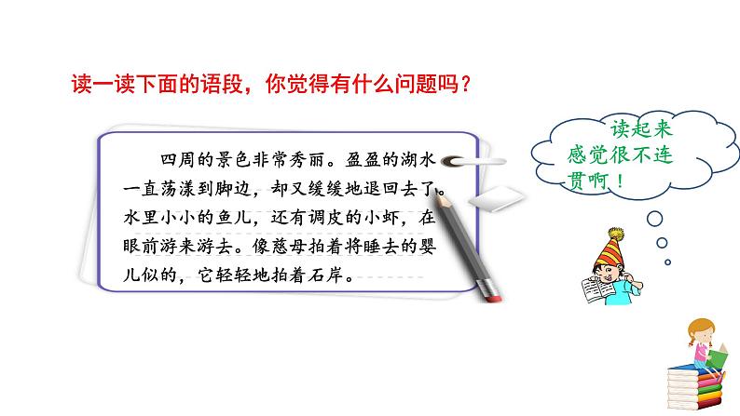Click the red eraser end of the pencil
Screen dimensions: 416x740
tap(492, 292)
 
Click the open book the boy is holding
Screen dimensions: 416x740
tap(596, 292)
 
